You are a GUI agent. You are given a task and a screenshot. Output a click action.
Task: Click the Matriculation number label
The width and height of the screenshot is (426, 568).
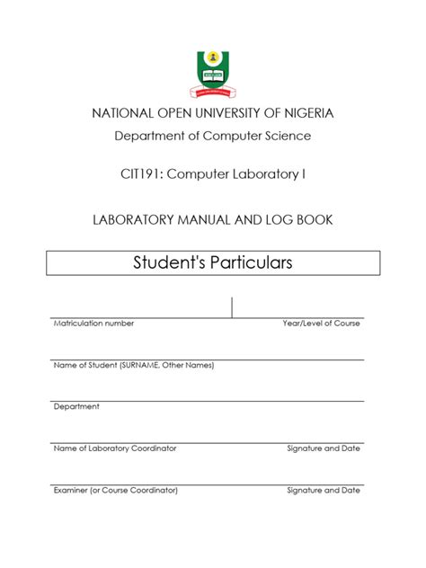coord(93,323)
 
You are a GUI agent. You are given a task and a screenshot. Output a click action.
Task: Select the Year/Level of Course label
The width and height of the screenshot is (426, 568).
coord(321,323)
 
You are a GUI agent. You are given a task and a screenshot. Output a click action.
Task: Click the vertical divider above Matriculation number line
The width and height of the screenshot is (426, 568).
coord(232,306)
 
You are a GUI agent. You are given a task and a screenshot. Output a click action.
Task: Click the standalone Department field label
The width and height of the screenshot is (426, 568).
coord(76,406)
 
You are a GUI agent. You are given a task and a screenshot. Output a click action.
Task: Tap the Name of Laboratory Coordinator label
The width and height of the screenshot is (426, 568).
coord(115,448)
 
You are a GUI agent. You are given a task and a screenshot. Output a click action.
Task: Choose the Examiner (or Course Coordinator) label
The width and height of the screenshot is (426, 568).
coord(116,490)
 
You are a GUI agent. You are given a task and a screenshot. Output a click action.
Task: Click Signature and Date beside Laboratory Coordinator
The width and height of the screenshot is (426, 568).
coord(324,448)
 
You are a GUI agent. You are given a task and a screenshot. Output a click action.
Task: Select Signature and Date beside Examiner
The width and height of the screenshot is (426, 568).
coord(324,490)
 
